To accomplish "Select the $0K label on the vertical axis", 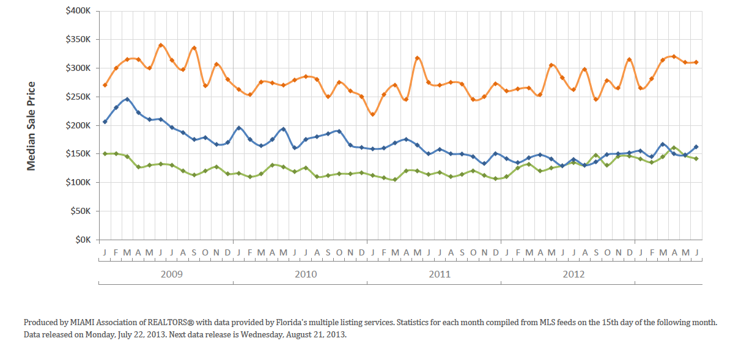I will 82,240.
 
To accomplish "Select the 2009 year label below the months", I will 171,274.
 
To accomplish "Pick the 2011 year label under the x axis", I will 440,274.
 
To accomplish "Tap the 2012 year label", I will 573,274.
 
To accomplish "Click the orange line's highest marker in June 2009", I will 161,45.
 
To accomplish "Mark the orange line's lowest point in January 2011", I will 373,114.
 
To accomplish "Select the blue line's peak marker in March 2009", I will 127,99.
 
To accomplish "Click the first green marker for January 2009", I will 105,153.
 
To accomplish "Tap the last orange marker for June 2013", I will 696,62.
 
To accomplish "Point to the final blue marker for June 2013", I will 696,147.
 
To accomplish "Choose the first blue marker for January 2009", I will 105,122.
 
